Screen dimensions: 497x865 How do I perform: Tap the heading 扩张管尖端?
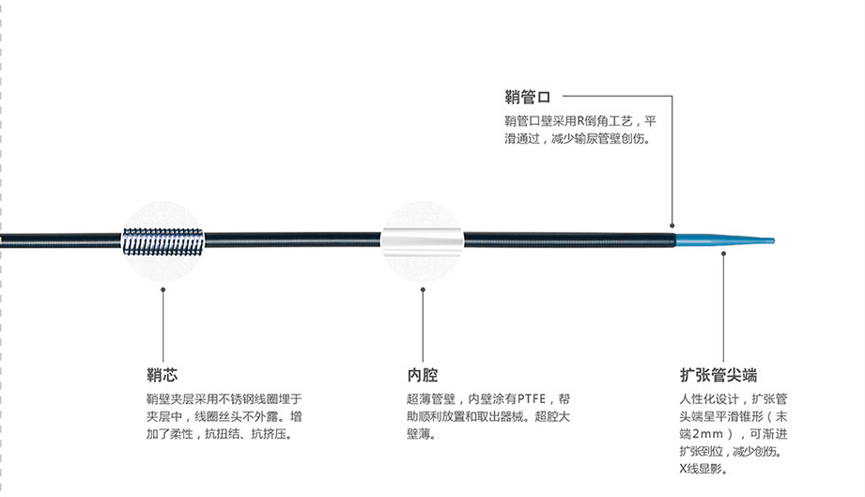click(x=718, y=374)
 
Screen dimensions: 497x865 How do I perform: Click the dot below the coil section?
click(x=164, y=289)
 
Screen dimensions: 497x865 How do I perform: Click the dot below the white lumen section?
click(x=423, y=289)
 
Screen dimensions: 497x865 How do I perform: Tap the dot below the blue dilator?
click(x=723, y=251)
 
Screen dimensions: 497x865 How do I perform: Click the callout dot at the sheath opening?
click(x=672, y=225)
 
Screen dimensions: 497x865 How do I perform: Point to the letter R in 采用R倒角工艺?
click(x=581, y=120)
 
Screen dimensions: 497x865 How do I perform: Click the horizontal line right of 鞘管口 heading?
click(x=615, y=96)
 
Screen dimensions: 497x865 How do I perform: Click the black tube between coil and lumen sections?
click(x=291, y=241)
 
